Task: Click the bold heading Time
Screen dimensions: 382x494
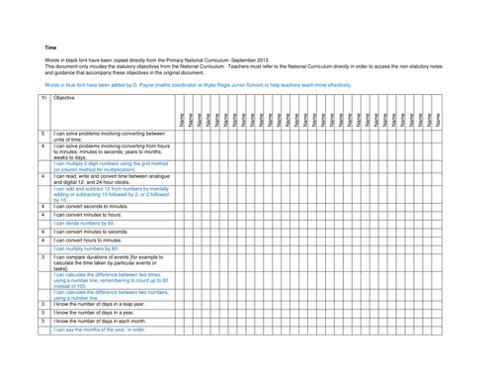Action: click(x=50, y=47)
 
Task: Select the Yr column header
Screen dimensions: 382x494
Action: click(x=43, y=99)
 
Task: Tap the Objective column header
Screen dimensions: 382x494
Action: click(x=65, y=99)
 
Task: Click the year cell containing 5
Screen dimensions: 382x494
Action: click(x=42, y=133)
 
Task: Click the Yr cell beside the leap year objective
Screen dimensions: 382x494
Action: click(x=42, y=304)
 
